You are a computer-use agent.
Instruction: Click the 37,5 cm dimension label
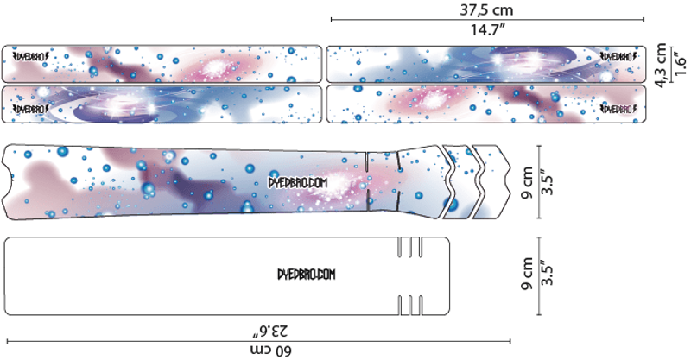(x=488, y=9)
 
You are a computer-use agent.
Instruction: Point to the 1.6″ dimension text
(x=680, y=66)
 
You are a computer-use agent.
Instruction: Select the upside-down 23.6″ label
(x=269, y=330)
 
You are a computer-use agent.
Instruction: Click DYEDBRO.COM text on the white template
(x=305, y=274)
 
